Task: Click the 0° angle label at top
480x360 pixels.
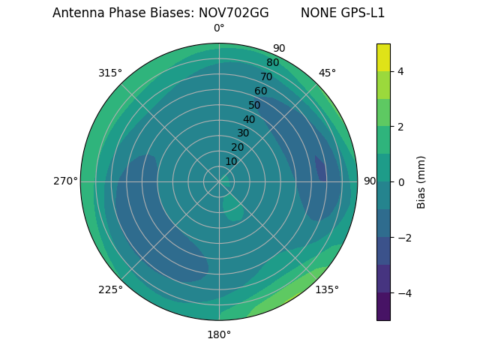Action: [x=219, y=28]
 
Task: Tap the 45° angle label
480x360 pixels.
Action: [x=327, y=73]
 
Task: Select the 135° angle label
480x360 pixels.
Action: [x=327, y=289]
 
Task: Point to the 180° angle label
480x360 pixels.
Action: [x=219, y=334]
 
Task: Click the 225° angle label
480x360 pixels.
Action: [x=110, y=289]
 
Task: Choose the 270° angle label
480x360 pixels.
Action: [x=65, y=181]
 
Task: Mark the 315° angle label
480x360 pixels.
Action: [x=110, y=73]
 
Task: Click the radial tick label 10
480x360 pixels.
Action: [x=231, y=161]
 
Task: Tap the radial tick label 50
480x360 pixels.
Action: [x=254, y=105]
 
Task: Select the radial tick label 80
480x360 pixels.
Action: [x=272, y=62]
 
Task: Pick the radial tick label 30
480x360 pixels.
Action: [x=243, y=133]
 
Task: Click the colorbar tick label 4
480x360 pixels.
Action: [x=401, y=71]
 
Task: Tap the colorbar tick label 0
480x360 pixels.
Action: [x=401, y=182]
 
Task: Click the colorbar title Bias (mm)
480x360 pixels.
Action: [x=421, y=182]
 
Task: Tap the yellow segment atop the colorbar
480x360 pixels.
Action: [x=383, y=57]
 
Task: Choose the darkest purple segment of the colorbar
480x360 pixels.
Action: [x=383, y=307]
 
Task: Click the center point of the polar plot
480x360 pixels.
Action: [x=219, y=181]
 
